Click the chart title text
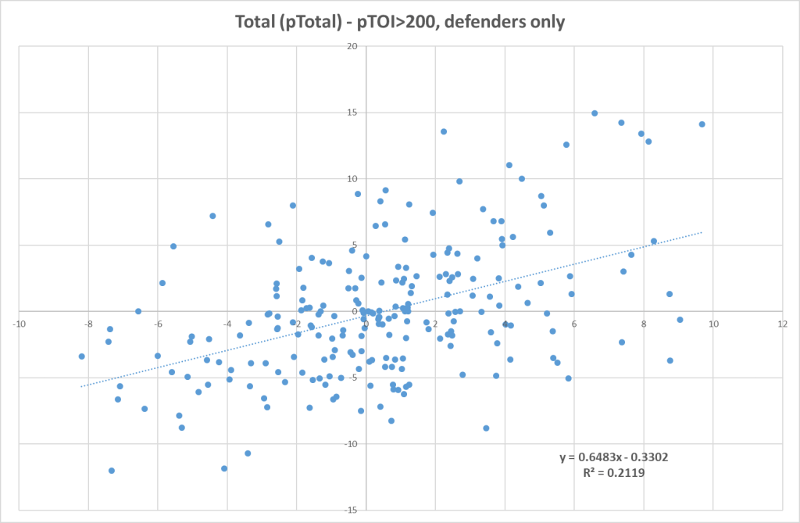point(400,21)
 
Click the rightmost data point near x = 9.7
point(702,124)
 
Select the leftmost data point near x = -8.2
point(81,356)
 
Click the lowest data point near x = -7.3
point(112,471)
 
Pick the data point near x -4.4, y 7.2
point(212,216)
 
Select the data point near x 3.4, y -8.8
point(486,428)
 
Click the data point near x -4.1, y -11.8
point(224,468)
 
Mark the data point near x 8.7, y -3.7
point(670,360)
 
